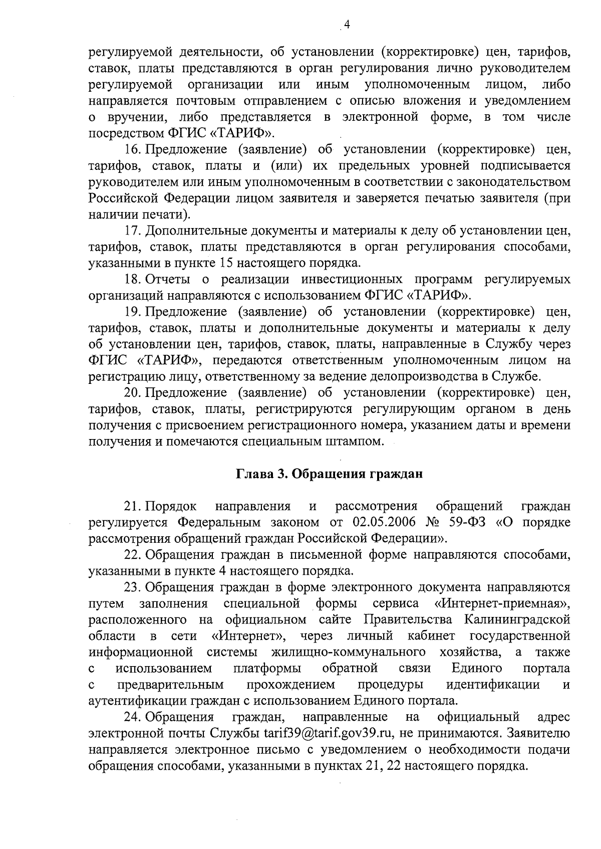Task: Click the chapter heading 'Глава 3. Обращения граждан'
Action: tap(330, 474)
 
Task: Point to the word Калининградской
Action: tap(517, 620)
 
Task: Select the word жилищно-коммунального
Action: tap(349, 652)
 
